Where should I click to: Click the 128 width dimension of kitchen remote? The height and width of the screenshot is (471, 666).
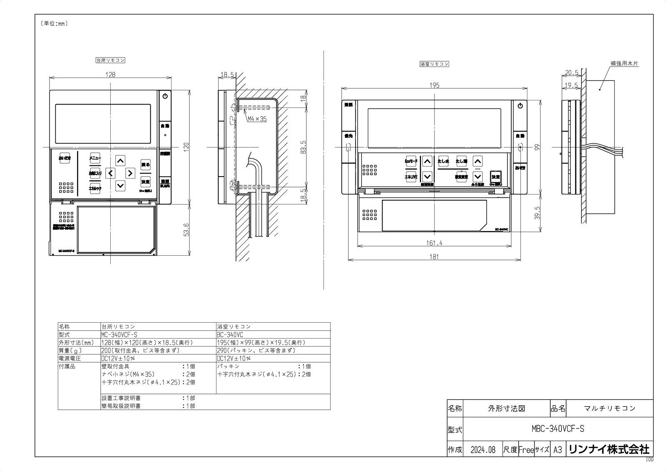(110, 75)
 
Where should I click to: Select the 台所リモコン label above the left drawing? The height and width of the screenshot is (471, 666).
(110, 60)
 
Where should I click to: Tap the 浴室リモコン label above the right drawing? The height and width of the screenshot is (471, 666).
(434, 64)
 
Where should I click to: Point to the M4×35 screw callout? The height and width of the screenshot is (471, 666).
(257, 119)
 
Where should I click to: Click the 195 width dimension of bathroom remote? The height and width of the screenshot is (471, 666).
(434, 85)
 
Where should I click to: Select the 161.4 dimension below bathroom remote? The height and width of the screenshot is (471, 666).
(434, 243)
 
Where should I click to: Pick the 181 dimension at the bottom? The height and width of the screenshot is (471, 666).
(434, 257)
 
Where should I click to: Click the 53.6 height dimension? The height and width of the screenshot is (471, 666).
(186, 229)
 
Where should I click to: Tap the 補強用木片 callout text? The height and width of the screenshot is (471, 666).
(624, 64)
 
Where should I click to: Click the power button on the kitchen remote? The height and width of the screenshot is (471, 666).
(165, 96)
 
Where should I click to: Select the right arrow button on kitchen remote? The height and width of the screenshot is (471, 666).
(130, 172)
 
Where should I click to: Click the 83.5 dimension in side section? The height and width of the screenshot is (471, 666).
(303, 147)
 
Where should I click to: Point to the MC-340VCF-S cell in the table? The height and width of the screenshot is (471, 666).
(119, 335)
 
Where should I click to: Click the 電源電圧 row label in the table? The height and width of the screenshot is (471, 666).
(70, 358)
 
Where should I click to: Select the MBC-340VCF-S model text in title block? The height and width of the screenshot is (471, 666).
(558, 429)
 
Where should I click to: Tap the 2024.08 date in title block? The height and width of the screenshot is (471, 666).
(483, 450)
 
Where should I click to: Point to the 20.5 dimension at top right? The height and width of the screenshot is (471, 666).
(572, 72)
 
